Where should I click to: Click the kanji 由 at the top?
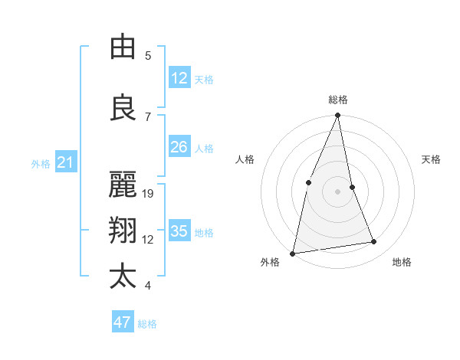(x=123, y=47)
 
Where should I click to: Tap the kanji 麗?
(x=123, y=185)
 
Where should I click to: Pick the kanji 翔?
(x=123, y=231)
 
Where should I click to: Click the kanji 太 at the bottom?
(x=123, y=277)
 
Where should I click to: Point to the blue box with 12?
(x=179, y=78)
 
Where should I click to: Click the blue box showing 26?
(x=179, y=147)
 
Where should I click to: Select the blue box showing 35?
(x=179, y=231)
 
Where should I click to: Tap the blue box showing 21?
(x=65, y=162)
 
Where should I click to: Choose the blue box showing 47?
(x=123, y=322)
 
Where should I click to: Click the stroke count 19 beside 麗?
(x=149, y=194)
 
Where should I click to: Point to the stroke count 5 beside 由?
(x=148, y=56)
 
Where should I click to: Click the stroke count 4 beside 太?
(x=148, y=286)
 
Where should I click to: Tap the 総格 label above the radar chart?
(x=338, y=100)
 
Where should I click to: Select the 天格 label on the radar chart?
(x=432, y=159)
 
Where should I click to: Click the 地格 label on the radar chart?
(x=402, y=263)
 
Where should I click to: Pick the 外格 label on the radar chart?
(x=270, y=263)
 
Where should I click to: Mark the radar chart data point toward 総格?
(x=338, y=115)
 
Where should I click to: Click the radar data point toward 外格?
(x=293, y=253)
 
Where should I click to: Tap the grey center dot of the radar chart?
(x=338, y=191)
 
